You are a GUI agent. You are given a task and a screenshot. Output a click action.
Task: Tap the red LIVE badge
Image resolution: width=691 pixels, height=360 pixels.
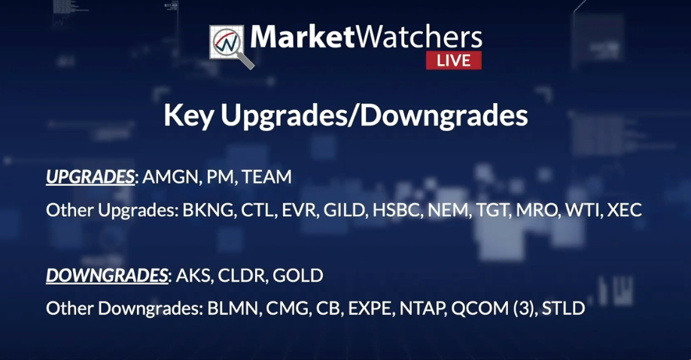coord(453,60)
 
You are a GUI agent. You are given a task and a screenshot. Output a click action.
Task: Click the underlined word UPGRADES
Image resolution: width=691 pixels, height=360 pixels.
coord(90,177)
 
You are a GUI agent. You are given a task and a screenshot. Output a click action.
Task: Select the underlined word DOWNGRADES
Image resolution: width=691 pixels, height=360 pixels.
coord(107,276)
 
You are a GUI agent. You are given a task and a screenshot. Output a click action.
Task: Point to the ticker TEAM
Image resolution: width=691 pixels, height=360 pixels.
coord(266,177)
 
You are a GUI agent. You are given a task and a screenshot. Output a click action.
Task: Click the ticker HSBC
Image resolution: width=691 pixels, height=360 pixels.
coord(397,210)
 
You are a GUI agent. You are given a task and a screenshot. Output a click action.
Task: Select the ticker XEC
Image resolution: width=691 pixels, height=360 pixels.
coord(625,210)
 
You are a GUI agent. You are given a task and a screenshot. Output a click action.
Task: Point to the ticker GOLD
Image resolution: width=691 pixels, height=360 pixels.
coord(298,276)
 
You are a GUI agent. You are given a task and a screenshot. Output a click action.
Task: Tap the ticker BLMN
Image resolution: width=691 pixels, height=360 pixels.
coord(233,308)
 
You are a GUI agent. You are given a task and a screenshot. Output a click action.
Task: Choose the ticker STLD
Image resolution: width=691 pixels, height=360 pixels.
coord(563,308)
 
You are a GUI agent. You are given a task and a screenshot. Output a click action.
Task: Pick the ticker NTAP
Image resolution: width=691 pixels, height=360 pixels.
coord(422,308)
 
